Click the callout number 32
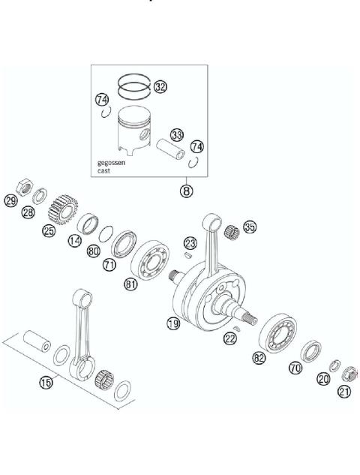tap(160, 87)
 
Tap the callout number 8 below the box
tap(185, 190)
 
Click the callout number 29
tap(10, 200)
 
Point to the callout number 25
tap(49, 231)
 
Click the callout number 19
tap(172, 323)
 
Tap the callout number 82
tap(259, 359)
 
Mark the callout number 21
tap(344, 391)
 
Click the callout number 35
tap(249, 227)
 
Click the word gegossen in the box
tap(111, 163)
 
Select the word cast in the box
tap(105, 171)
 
